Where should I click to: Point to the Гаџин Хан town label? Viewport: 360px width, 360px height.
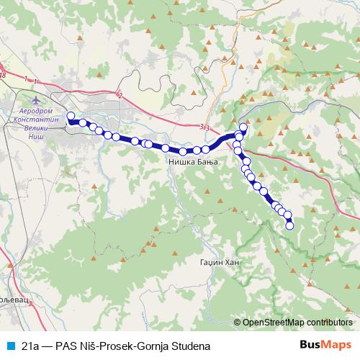coord(219,264)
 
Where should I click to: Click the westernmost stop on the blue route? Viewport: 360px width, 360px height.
coord(71,116)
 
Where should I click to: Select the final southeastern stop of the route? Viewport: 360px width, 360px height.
coord(290,226)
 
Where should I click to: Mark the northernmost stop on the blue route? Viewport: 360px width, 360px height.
coord(243,128)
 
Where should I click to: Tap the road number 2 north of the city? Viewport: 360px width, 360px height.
coord(120,94)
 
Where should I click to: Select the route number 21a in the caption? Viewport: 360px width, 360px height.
coord(30,344)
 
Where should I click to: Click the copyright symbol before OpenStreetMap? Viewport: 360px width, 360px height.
coord(238,323)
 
